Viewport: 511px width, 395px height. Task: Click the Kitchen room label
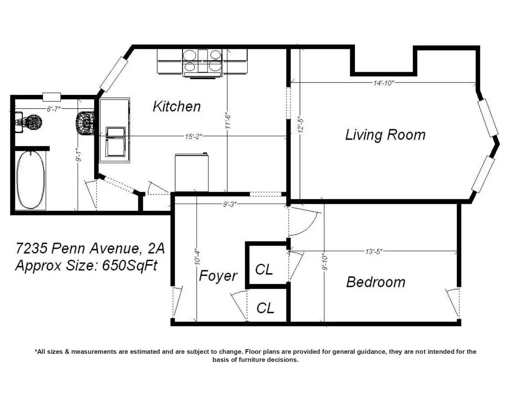coord(177,106)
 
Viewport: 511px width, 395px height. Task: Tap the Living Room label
coord(385,135)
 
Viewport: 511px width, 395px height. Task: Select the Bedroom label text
coord(376,282)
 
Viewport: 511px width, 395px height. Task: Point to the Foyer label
coord(218,276)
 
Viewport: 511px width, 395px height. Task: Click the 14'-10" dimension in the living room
coord(384,83)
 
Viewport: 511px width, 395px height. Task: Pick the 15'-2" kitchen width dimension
coord(193,136)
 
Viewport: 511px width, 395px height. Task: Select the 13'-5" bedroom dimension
coord(374,252)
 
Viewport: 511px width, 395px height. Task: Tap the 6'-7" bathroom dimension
coord(54,109)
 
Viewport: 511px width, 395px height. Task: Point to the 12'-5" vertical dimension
coord(301,124)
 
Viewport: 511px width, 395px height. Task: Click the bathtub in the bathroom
coord(31,180)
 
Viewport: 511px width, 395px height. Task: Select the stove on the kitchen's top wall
coord(202,63)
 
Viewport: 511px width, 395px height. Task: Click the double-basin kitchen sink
coord(116,142)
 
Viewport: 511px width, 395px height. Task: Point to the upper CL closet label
coord(264,270)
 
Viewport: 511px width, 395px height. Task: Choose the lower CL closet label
coord(265,308)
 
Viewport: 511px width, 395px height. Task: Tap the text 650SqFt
coord(130,266)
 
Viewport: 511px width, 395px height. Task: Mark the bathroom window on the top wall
coord(52,97)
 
